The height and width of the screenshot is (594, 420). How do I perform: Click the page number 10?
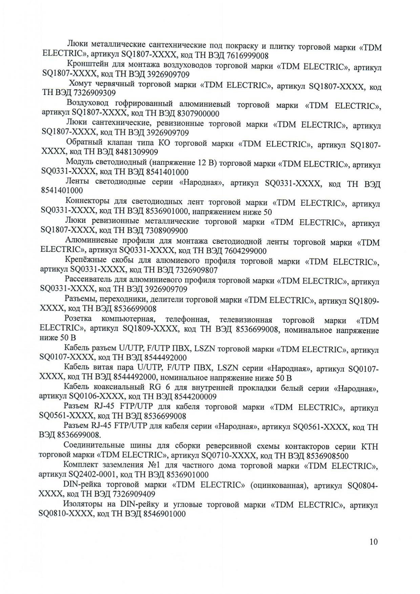click(374, 542)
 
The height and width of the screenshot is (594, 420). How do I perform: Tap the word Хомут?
click(81, 84)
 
